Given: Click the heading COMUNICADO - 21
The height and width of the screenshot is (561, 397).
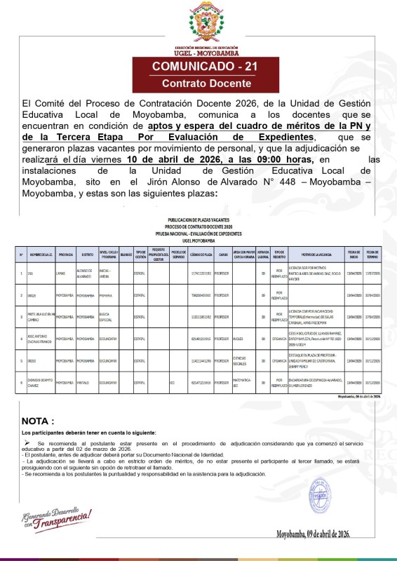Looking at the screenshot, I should coord(198,68).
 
